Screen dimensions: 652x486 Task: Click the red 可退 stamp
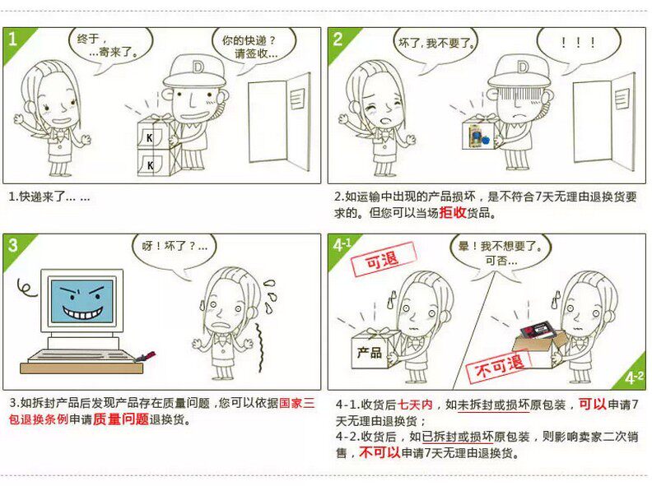point(383,260)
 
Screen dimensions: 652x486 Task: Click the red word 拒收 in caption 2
point(453,213)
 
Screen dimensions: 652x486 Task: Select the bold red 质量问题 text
point(120,419)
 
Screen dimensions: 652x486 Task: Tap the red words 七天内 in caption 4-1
point(415,404)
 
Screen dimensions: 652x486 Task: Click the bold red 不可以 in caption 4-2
point(380,452)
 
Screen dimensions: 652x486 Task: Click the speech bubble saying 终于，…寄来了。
point(110,46)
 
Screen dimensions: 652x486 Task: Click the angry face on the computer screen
point(81,301)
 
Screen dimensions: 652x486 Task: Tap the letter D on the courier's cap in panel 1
point(198,67)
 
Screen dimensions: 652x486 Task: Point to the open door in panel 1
point(279,123)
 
